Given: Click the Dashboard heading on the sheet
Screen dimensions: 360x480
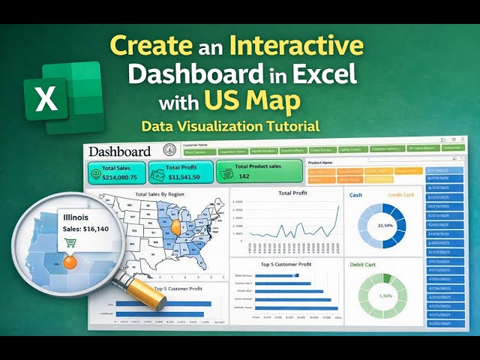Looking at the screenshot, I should click(120, 151).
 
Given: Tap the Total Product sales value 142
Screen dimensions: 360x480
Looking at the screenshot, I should click(244, 176).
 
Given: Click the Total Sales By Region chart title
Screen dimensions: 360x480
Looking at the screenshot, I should click(160, 195).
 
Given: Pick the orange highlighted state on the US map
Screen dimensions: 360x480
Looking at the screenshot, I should click(177, 225).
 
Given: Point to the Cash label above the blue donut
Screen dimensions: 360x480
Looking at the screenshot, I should click(355, 194).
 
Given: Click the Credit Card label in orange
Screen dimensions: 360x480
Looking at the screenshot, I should click(400, 195).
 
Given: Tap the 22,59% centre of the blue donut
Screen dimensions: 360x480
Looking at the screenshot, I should click(385, 226).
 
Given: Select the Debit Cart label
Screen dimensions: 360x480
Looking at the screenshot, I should click(363, 264).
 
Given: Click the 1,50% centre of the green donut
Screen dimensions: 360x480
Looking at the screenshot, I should click(385, 297).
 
